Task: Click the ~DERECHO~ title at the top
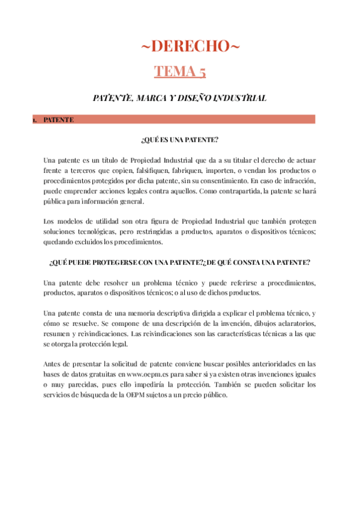(x=179, y=47)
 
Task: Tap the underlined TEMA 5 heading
(x=180, y=71)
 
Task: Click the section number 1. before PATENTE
(x=34, y=120)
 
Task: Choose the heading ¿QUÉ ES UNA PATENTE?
(x=179, y=140)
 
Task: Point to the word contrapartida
(x=235, y=191)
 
